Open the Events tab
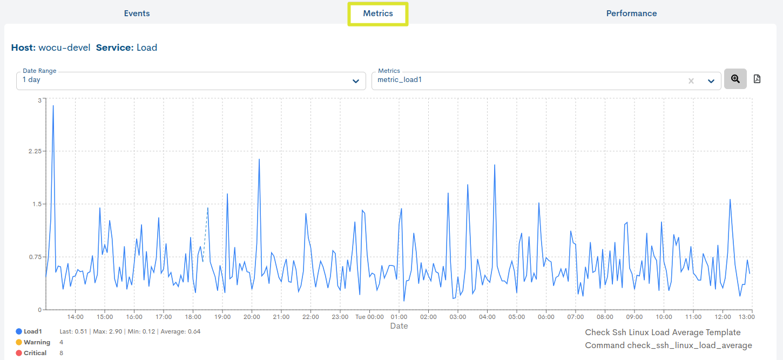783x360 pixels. [137, 13]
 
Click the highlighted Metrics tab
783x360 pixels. [378, 13]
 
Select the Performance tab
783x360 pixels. [631, 13]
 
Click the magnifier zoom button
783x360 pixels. [735, 79]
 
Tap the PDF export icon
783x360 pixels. [757, 79]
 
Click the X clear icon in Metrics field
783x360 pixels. [691, 81]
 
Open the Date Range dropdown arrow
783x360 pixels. [356, 81]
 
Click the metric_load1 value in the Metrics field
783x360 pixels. [400, 80]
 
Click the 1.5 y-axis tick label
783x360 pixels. [36, 204]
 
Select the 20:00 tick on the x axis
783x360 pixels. [252, 317]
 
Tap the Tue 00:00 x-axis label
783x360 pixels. [369, 317]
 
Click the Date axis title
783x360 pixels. [399, 326]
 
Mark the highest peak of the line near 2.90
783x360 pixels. [53, 106]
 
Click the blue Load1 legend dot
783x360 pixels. [19, 331]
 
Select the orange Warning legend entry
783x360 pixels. [37, 342]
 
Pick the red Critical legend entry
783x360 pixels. [35, 353]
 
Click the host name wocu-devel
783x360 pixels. [64, 47]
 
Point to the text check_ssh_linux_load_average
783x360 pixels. [689, 345]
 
